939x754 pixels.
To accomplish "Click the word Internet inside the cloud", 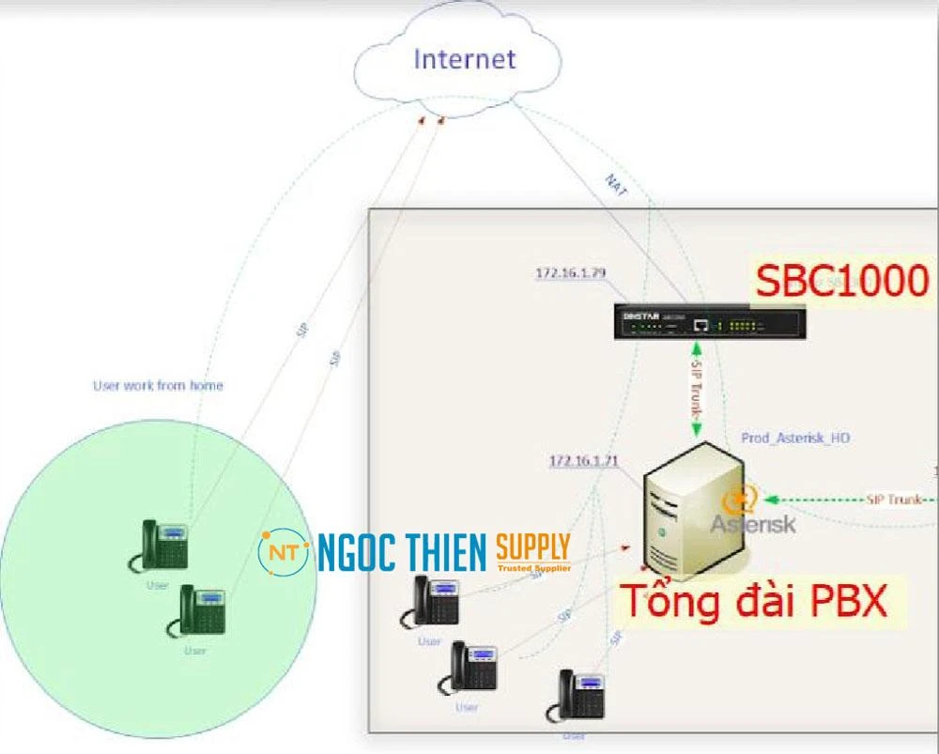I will pos(465,59).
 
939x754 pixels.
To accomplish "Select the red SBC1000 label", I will pos(842,280).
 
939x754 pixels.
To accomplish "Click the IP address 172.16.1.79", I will pos(570,273).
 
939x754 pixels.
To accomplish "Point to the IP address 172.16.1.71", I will pos(584,461).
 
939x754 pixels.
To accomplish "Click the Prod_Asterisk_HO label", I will pos(795,438).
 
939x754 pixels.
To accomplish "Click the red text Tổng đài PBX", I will pos(755,601).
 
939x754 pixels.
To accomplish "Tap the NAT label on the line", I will pos(616,185).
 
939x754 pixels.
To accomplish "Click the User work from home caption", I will pos(158,385).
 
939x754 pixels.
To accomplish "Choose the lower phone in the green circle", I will pos(197,611).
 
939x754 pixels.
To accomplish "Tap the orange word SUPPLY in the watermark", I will pos(532,546).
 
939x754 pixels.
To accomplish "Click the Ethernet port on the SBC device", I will pos(700,325).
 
